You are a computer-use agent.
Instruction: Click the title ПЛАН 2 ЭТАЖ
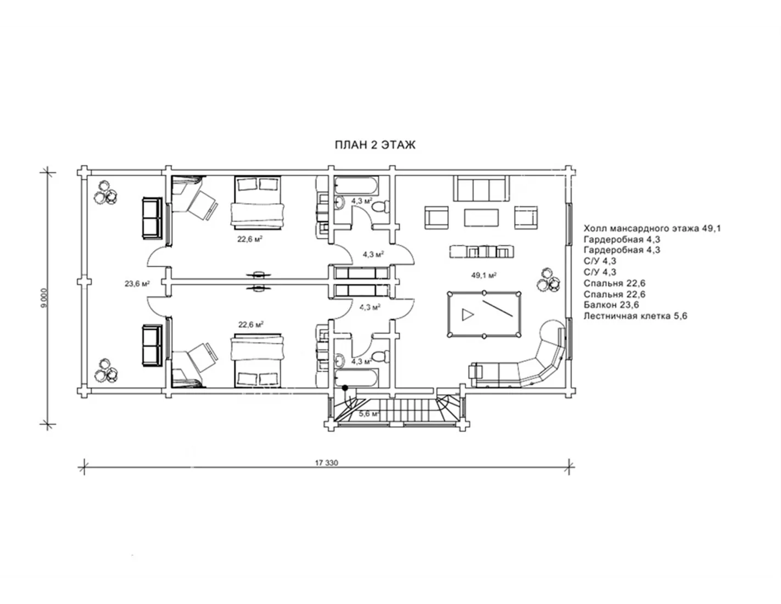click(375, 145)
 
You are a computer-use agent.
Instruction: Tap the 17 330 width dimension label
click(326, 463)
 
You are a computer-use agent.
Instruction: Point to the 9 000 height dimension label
click(44, 298)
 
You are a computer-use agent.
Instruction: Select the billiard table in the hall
click(484, 315)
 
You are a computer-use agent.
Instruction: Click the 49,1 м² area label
click(484, 275)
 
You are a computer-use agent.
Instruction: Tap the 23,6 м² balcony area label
click(137, 283)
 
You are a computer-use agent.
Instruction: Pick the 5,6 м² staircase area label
click(369, 413)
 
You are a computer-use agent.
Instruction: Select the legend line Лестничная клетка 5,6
click(635, 316)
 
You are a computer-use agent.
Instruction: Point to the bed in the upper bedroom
click(258, 202)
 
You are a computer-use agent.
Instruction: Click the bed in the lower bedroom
click(258, 361)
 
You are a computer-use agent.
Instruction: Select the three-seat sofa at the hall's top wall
click(481, 188)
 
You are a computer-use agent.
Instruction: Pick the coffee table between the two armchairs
click(481, 218)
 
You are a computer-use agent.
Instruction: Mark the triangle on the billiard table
click(467, 315)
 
